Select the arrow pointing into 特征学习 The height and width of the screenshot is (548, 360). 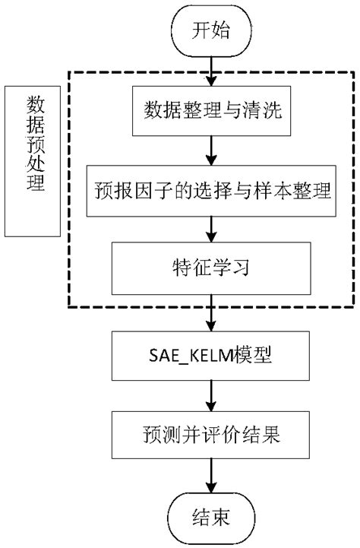[x=211, y=229]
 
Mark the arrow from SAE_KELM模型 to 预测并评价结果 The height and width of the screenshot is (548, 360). [x=211, y=395]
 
